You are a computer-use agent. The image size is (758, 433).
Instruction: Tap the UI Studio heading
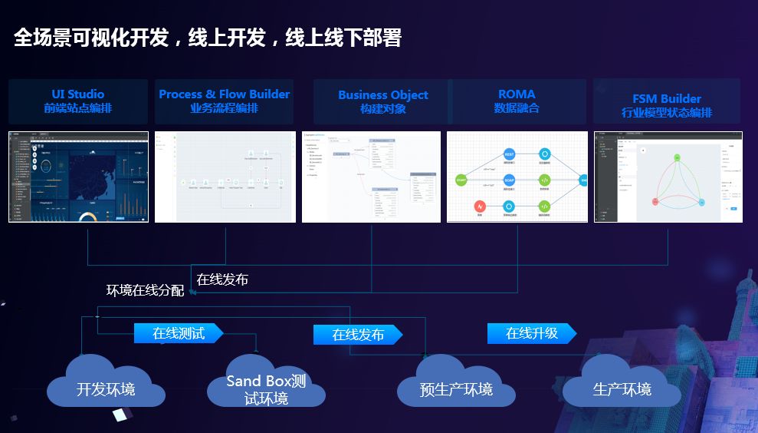pos(78,94)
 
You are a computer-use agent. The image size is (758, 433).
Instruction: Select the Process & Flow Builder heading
pos(225,94)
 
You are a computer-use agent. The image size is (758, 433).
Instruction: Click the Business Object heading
pos(383,95)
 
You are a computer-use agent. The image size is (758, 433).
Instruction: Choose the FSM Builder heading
pos(667,99)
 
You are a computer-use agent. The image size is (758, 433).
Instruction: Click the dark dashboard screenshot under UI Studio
pos(78,177)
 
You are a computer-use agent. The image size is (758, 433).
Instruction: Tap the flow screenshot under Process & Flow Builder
pos(225,177)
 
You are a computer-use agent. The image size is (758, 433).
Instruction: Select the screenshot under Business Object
pos(371,177)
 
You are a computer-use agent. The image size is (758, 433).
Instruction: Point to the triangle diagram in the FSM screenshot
pos(678,182)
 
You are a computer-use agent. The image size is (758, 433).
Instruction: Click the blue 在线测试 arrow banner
pos(179,333)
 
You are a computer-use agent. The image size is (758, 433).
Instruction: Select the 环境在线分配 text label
pos(145,291)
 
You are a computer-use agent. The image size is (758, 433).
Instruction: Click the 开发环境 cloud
pos(106,388)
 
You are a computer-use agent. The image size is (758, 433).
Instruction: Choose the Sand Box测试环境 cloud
pos(266,389)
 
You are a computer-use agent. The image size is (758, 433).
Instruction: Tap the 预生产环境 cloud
pos(456,388)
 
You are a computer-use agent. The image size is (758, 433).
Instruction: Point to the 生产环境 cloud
pos(622,388)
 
